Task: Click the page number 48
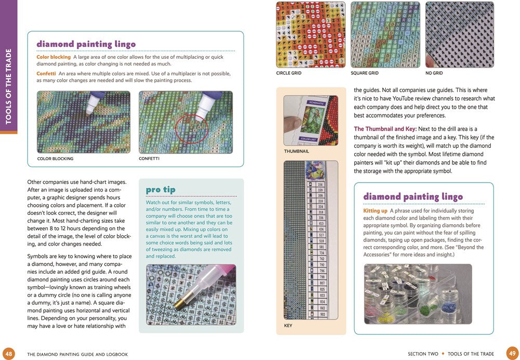[8, 353]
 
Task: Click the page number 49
[511, 353]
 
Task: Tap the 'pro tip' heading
[161, 189]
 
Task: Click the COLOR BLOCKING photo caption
[55, 159]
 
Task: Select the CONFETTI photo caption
[149, 159]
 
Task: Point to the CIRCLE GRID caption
[289, 73]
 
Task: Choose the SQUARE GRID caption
[365, 73]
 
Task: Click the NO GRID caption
[434, 73]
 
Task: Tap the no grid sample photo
[459, 35]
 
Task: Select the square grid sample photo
[385, 35]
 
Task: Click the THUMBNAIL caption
[296, 151]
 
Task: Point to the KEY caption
[288, 326]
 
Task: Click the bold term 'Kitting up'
[375, 211]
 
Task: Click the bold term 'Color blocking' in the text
[54, 57]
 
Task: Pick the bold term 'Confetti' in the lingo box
[46, 73]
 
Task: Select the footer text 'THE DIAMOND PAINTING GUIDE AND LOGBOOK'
[77, 354]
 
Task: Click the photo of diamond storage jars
[418, 294]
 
